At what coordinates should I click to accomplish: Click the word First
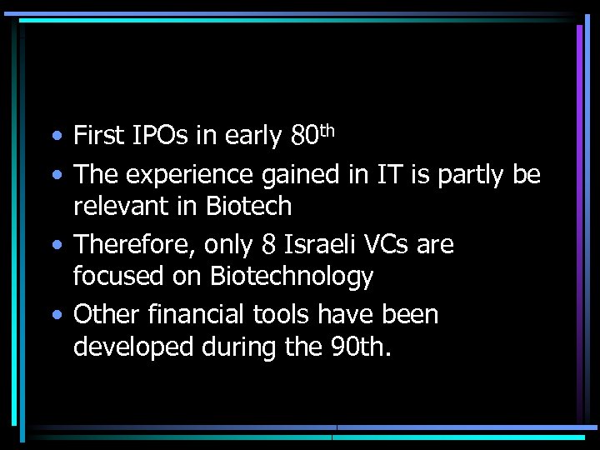pos(99,135)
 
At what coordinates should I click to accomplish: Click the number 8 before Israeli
pos(268,246)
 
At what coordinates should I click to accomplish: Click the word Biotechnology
pos(292,276)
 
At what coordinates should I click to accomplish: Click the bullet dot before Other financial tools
pos(55,316)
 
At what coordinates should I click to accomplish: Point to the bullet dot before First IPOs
pos(55,136)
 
